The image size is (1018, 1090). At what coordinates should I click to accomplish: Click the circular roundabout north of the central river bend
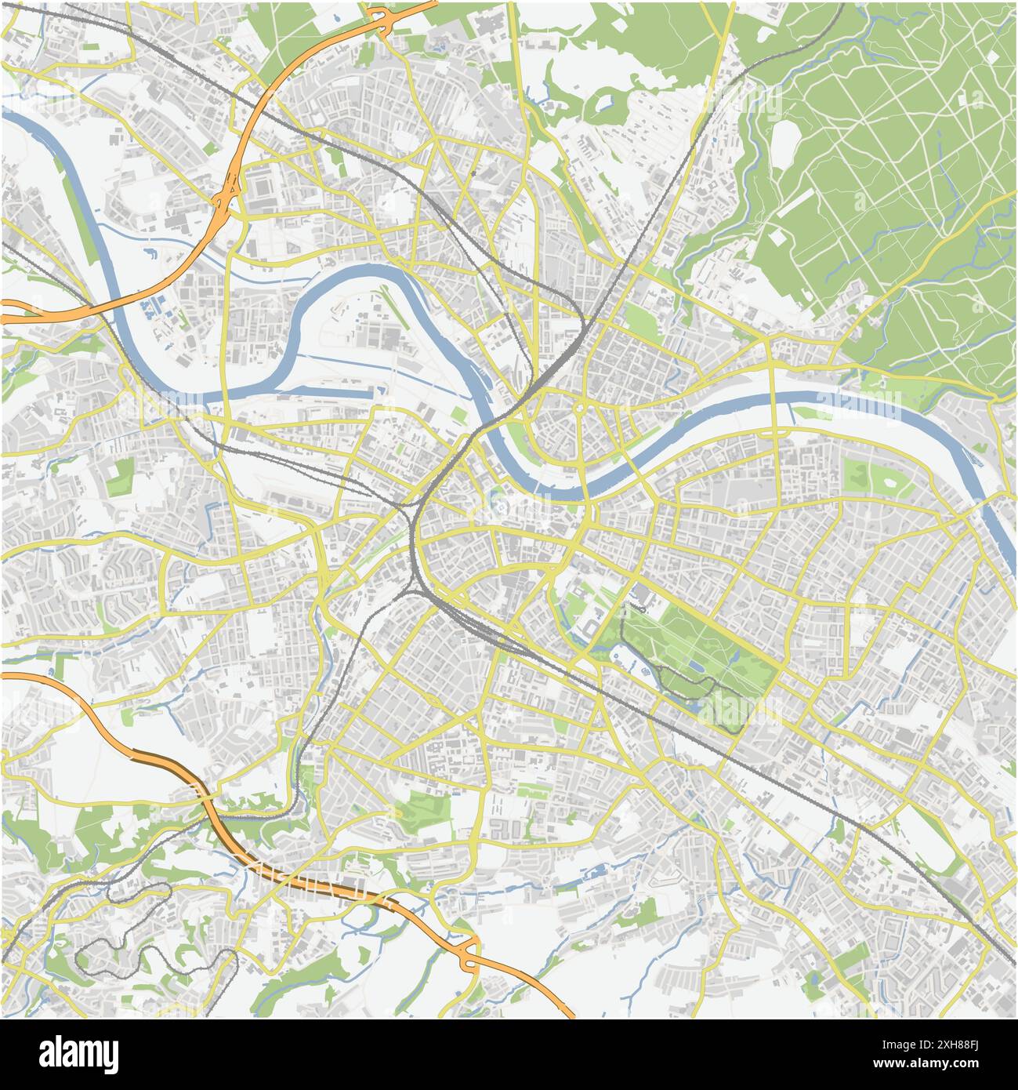point(580,408)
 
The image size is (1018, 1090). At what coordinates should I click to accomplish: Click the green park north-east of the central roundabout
point(643,322)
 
